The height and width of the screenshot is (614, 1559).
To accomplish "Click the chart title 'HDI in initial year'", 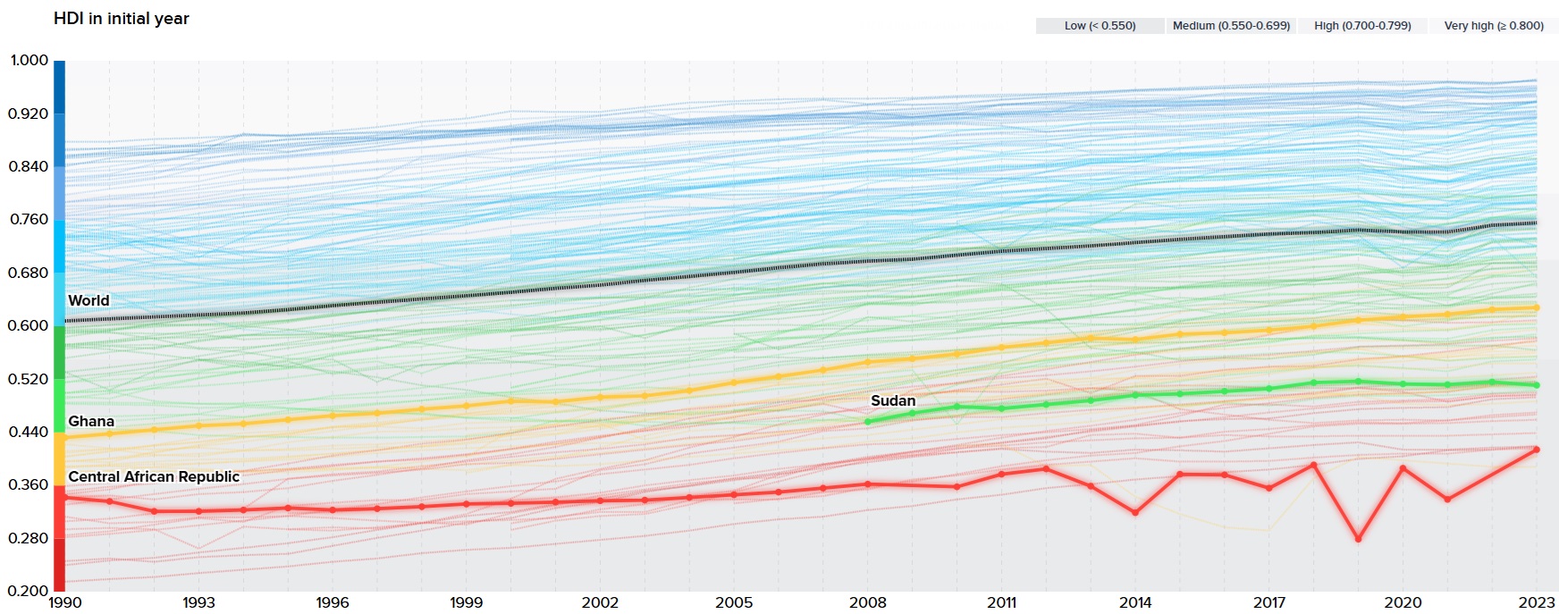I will click(x=121, y=19).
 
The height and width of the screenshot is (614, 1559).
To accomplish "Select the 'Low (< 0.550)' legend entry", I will click(x=1100, y=26).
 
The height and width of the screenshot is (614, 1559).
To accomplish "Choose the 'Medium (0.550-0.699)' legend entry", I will click(x=1231, y=26).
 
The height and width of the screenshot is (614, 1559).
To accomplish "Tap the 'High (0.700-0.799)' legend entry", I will click(x=1362, y=26).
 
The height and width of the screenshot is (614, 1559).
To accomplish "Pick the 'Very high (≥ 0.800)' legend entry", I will click(x=1494, y=26).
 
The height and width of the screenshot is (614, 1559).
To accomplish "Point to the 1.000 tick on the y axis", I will click(x=29, y=61).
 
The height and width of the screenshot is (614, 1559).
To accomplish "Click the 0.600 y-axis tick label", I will click(x=28, y=325).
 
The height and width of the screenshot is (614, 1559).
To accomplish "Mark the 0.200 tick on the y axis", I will click(x=28, y=591).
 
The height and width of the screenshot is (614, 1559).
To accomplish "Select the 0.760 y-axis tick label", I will click(x=29, y=219).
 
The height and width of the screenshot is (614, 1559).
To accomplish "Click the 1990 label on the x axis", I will click(x=64, y=602).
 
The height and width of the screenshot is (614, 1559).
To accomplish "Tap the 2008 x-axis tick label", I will click(x=867, y=602).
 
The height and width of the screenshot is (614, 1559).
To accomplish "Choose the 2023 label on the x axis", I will click(x=1537, y=602).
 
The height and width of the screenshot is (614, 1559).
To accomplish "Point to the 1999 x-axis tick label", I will click(x=466, y=602).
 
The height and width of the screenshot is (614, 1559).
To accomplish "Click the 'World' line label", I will click(x=88, y=301).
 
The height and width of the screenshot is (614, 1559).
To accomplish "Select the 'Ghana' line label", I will click(x=91, y=422).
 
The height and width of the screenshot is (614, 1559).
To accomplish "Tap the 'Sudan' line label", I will click(x=893, y=401).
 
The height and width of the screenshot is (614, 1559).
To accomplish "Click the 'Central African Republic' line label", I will click(x=154, y=477).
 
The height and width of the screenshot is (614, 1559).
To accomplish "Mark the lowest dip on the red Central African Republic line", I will click(x=1358, y=539).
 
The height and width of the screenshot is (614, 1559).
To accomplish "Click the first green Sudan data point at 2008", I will click(x=867, y=422).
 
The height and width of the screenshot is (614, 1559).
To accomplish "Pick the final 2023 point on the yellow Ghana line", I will click(x=1537, y=307).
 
